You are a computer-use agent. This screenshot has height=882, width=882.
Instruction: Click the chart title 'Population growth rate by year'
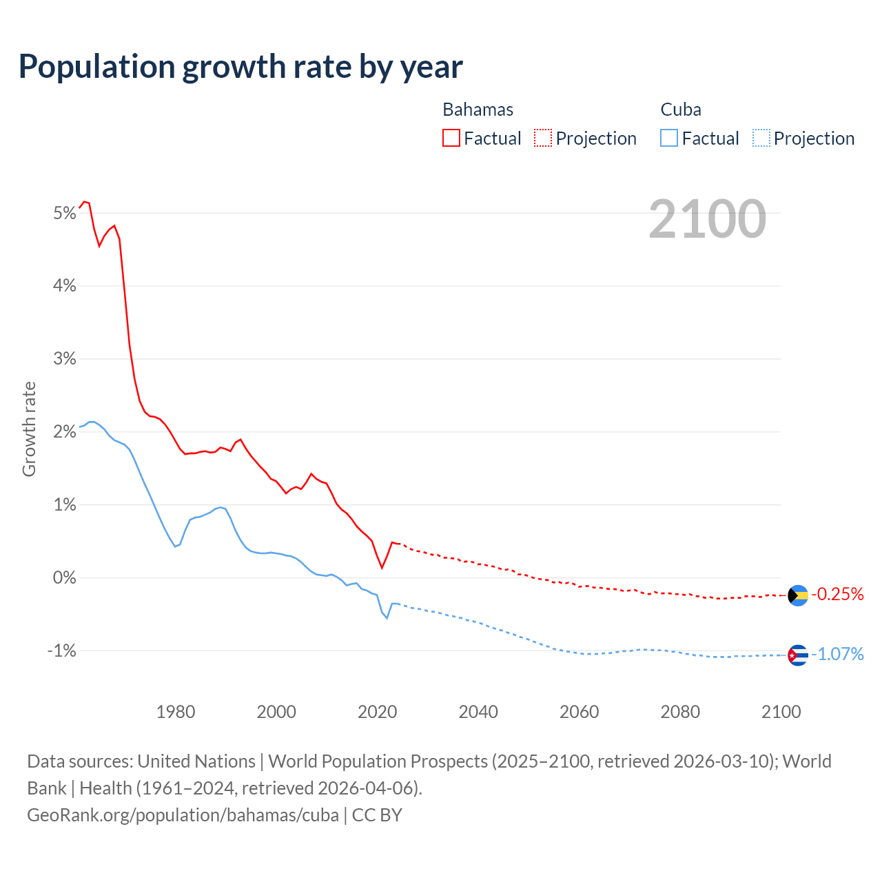pos(240,67)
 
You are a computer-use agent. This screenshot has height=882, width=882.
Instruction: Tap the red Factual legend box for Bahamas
pos(451,138)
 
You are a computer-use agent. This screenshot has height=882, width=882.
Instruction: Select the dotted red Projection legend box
pos(543,138)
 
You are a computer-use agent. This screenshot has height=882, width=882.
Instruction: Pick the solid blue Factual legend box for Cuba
pos(668,138)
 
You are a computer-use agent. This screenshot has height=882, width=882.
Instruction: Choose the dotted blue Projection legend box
pos(761,138)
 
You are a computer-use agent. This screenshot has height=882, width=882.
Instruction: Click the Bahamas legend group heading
pos(478,110)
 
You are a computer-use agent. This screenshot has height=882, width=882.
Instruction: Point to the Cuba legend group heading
pos(681,110)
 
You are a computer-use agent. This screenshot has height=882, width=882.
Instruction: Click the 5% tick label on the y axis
pos(64,213)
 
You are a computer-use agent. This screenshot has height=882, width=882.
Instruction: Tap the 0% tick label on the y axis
pos(64,577)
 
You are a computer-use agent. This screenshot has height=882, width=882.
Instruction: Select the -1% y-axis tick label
pos(61,650)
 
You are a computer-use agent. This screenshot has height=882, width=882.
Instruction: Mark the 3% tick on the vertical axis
pos(64,359)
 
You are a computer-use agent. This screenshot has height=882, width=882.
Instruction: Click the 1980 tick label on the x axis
pos(176,712)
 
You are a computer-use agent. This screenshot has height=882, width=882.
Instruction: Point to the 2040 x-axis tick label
pos(478,712)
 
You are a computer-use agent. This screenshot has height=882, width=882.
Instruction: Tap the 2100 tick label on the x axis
pos(781,712)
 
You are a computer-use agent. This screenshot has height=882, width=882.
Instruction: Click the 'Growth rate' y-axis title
pos(29,429)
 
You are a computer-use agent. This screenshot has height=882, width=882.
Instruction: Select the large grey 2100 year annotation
pos(707,219)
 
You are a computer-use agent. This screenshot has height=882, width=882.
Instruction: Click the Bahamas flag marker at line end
pos(798,595)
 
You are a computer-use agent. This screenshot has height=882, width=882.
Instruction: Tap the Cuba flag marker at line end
pos(798,655)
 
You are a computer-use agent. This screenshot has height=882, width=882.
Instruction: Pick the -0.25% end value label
pos(838,594)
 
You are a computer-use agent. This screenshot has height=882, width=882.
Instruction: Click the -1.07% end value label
pos(838,654)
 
